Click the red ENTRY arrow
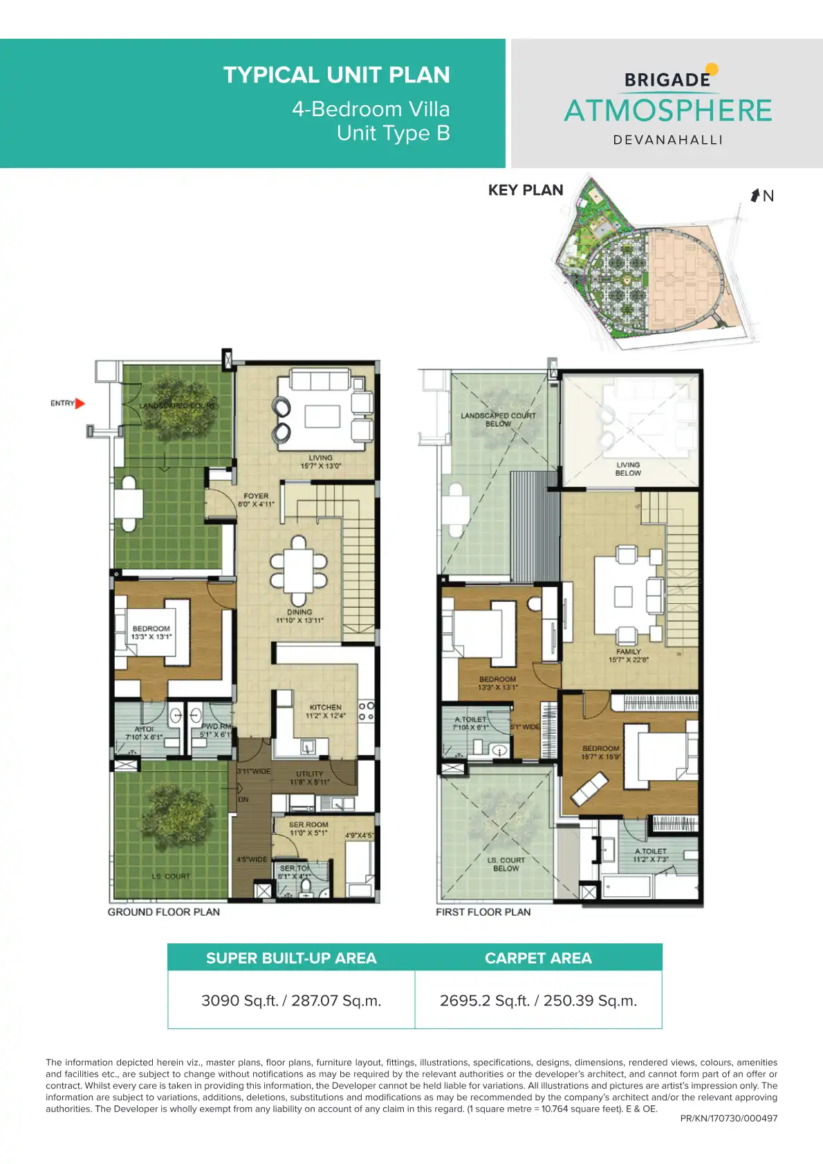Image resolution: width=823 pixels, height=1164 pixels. coord(80,403)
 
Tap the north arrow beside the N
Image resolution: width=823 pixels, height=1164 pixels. coord(755,195)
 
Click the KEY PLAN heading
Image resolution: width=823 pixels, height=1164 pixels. coord(526,190)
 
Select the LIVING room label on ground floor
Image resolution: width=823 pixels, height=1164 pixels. coord(320,458)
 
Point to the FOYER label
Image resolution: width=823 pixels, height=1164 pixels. coord(256,496)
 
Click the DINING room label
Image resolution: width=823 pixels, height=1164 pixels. coord(299,612)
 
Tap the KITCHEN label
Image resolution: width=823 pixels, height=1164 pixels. coord(325,707)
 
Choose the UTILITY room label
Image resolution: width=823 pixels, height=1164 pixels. coord(309,774)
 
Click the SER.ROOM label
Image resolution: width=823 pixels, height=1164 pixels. coord(308,824)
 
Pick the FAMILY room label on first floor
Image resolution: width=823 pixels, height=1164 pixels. coord(628,652)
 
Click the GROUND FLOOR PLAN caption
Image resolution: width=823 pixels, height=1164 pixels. coord(164,912)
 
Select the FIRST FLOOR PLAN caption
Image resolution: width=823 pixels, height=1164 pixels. coord(483,912)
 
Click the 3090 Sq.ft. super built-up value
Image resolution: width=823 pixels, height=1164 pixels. coord(291,1001)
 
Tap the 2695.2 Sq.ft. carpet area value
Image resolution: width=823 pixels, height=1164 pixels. coord(538,1001)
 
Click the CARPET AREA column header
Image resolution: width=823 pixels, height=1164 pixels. coord(538,958)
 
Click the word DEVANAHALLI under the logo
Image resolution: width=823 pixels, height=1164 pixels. coord(668,140)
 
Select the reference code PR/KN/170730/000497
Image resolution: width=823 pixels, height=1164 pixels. coord(729,1118)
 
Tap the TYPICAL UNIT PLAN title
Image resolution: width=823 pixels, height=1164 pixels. coord(336,75)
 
